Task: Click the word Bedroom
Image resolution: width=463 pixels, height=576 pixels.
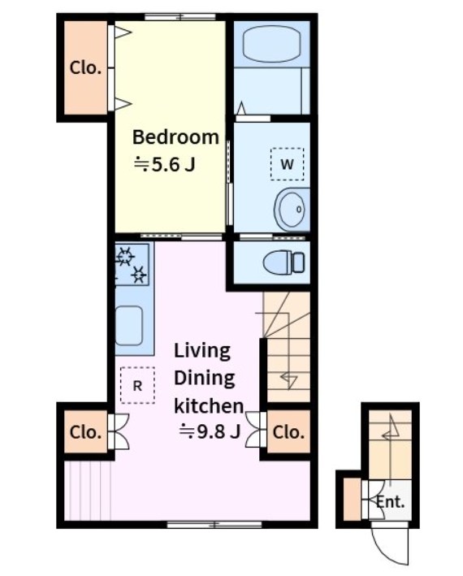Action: click(x=175, y=137)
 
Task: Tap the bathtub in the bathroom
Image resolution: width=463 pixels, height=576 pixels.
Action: click(x=271, y=44)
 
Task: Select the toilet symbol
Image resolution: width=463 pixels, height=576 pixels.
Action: click(x=283, y=262)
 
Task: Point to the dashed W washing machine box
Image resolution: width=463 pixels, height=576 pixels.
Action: click(x=287, y=164)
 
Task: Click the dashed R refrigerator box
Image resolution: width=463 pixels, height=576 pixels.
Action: click(x=137, y=385)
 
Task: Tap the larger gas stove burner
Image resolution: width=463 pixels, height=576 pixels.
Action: click(x=125, y=256)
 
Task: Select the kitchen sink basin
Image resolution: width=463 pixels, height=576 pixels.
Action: click(x=129, y=326)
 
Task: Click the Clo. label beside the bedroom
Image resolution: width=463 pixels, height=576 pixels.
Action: click(x=85, y=68)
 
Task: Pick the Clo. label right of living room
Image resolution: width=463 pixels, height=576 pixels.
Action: click(x=288, y=432)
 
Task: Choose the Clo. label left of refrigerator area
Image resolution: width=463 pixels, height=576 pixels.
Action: click(x=85, y=432)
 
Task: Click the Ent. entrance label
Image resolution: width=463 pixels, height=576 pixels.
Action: click(x=390, y=501)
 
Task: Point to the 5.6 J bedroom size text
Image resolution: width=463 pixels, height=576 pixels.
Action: click(x=164, y=164)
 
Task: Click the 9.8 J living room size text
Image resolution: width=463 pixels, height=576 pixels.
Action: click(x=210, y=431)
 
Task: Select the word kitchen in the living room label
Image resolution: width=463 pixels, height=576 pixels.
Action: click(x=209, y=406)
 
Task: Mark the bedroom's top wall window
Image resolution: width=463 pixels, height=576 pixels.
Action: click(x=180, y=17)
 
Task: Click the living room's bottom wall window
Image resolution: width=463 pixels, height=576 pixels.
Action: click(x=214, y=525)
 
